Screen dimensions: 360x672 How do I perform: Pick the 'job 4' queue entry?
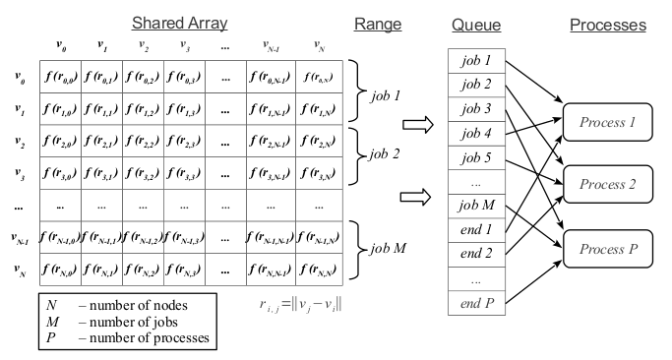click(475, 132)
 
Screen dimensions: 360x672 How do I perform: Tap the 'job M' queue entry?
click(475, 205)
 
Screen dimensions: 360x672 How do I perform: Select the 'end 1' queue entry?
click(475, 229)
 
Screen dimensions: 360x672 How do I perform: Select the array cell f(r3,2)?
click(142, 176)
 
